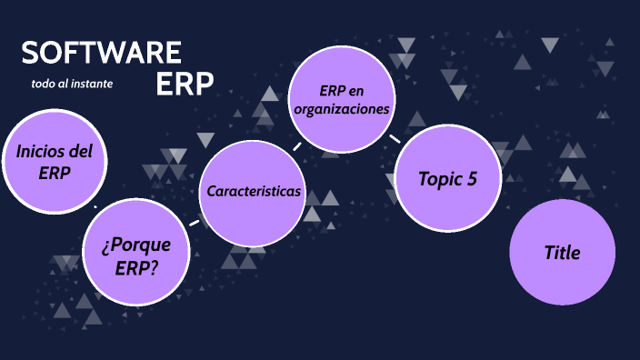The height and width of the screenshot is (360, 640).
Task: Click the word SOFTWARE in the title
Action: click(101, 53)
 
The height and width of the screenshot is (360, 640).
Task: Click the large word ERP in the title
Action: click(185, 83)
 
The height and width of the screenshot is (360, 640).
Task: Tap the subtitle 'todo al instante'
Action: click(72, 84)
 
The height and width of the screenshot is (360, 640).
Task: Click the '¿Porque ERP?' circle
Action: click(137, 255)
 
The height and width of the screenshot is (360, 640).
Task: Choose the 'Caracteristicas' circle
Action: click(253, 192)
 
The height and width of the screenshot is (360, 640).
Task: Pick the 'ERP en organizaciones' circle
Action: click(341, 100)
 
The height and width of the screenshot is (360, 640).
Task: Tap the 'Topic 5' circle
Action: click(447, 179)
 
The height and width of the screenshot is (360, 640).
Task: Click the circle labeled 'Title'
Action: click(562, 253)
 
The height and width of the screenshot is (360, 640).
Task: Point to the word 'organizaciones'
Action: click(342, 109)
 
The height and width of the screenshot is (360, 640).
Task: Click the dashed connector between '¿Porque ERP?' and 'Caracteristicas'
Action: click(194, 223)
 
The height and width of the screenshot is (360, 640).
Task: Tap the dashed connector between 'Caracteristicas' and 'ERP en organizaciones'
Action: click(296, 145)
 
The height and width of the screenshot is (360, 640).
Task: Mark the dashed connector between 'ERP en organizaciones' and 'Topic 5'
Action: click(395, 139)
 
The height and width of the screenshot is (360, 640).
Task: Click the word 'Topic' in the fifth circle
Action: click(439, 179)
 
